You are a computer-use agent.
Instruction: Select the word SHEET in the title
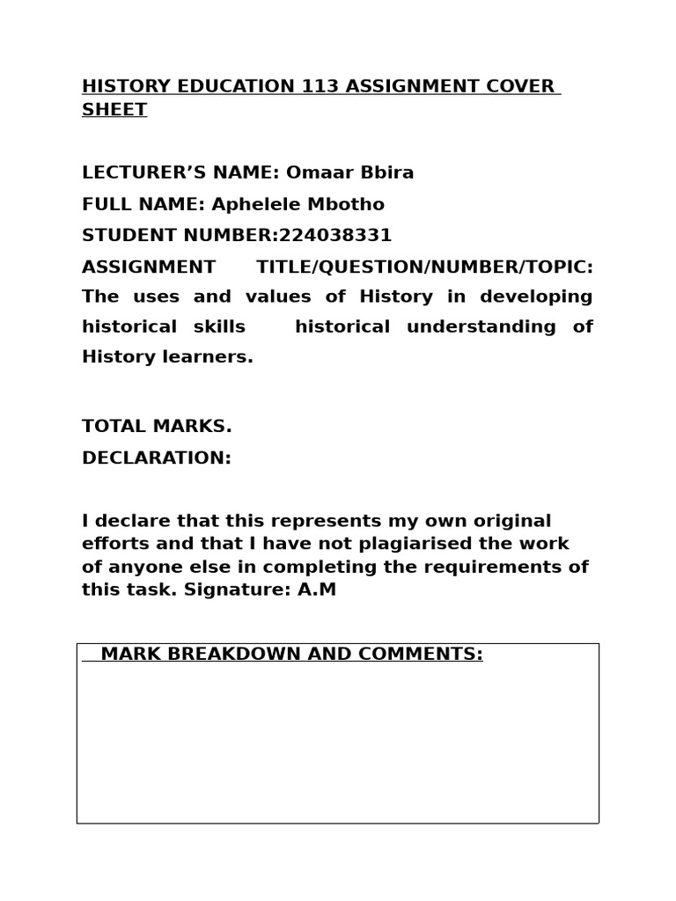pyautogui.click(x=114, y=110)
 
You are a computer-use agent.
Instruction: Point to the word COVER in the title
pyautogui.click(x=518, y=86)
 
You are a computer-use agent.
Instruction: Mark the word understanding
pyautogui.click(x=481, y=327)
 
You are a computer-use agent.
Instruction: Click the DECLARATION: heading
pyautogui.click(x=157, y=458)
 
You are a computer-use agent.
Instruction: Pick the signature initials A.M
pyautogui.click(x=317, y=590)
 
